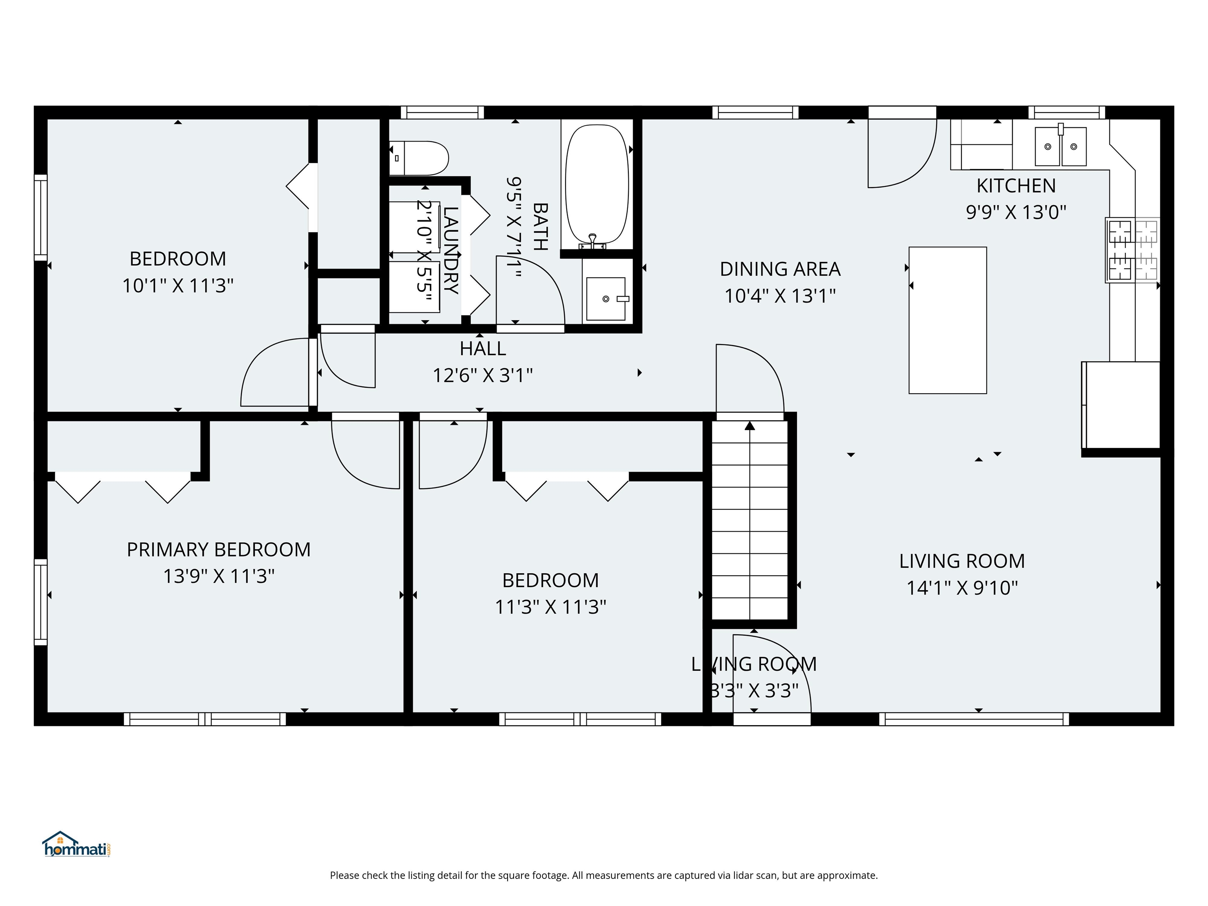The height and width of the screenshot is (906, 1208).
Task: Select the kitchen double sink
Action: point(1060,146)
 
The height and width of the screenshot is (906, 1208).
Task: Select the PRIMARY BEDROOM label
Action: point(219,549)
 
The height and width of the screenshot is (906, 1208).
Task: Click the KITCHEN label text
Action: point(1016,186)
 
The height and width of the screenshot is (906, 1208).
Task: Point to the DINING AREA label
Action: point(780,269)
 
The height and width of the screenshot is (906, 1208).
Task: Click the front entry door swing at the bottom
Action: point(771,677)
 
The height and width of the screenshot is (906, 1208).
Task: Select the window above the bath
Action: point(442,112)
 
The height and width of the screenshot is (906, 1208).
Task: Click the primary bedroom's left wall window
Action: point(41,601)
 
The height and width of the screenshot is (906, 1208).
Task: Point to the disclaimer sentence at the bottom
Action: point(604,875)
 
